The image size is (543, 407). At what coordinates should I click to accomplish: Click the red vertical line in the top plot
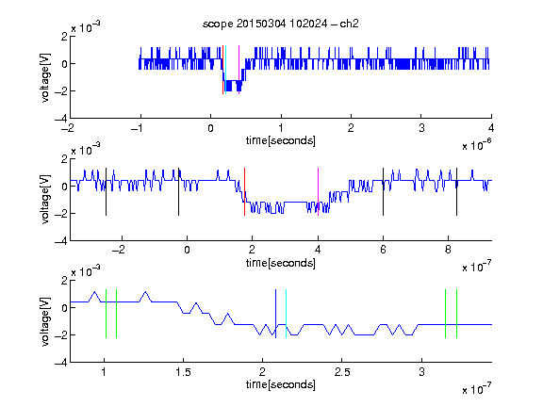222,70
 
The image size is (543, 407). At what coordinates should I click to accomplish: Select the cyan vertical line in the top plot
225,70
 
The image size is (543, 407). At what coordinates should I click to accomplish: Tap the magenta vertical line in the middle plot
319,192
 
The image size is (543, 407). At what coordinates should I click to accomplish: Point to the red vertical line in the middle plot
244,192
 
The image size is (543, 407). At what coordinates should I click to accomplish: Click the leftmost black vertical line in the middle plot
106,192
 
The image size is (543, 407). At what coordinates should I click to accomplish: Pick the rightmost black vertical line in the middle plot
457,192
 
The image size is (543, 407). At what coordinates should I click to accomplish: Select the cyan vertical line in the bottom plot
286,314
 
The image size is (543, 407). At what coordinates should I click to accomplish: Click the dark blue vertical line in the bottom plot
275,314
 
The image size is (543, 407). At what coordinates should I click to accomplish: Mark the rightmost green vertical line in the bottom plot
457,314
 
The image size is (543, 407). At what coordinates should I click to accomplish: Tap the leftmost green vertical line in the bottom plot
106,314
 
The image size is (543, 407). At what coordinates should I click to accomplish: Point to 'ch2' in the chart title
349,24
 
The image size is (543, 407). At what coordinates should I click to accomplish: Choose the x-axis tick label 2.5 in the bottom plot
342,372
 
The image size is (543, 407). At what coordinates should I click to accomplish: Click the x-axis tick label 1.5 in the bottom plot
183,372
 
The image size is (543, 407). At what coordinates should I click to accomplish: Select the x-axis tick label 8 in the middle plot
448,250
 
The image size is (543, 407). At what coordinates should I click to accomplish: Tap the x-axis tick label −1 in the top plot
137,128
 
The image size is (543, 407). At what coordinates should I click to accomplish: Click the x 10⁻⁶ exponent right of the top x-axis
477,144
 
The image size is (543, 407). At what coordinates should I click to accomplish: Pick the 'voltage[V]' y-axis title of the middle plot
45,200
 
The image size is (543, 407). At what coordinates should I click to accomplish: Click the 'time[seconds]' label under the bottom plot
281,384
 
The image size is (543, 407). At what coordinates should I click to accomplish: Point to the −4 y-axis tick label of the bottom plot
61,363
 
